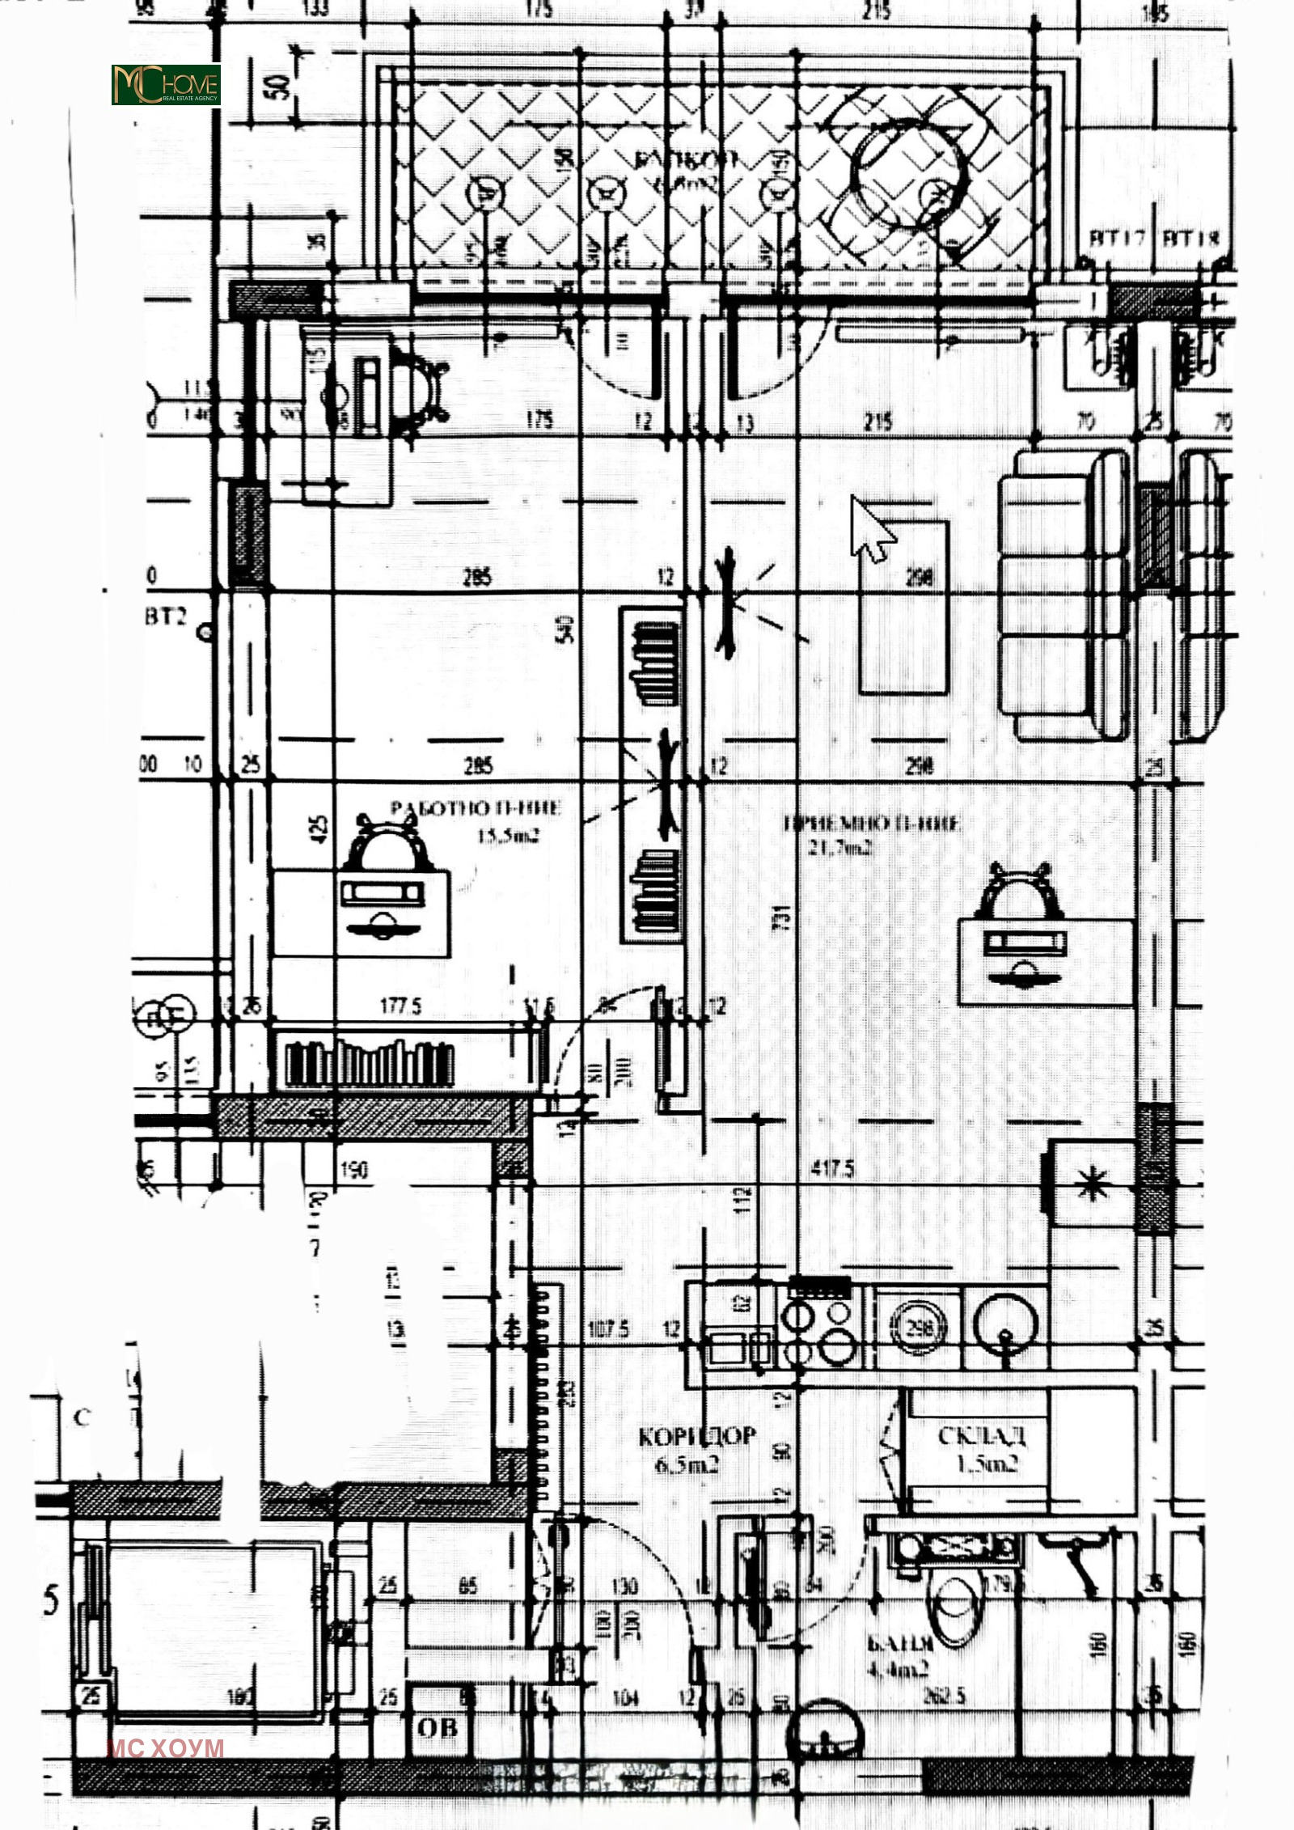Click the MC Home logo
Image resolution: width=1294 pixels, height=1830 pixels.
pyautogui.click(x=166, y=85)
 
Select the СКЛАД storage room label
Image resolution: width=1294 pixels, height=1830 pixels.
pyautogui.click(x=982, y=1435)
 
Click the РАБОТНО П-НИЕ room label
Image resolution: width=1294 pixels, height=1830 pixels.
pyautogui.click(x=476, y=808)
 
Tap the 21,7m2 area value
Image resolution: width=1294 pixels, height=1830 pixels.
pyautogui.click(x=840, y=848)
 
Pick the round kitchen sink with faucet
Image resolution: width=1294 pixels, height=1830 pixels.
pyautogui.click(x=1005, y=1325)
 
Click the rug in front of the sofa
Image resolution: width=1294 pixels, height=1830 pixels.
pyautogui.click(x=903, y=607)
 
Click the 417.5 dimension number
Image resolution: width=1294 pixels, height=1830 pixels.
pyautogui.click(x=832, y=1168)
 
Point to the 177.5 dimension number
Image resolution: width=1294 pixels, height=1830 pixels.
pyautogui.click(x=401, y=1006)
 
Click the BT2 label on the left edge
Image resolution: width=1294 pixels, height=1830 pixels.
pyautogui.click(x=166, y=616)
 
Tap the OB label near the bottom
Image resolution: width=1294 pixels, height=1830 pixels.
pyautogui.click(x=438, y=1728)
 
